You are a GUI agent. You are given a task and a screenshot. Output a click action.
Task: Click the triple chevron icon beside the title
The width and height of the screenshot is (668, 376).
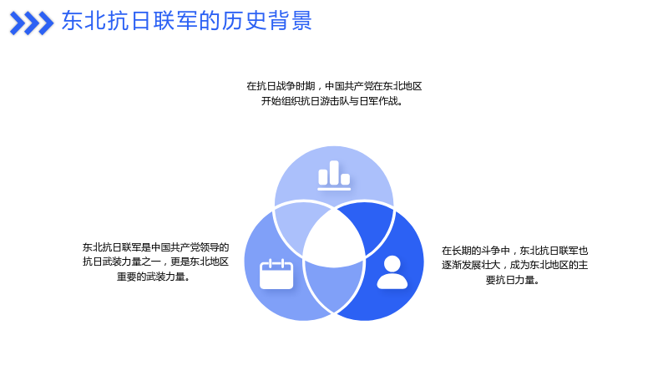(x=32, y=23)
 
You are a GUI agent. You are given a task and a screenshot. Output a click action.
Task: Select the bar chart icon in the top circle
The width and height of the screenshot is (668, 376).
(x=334, y=175)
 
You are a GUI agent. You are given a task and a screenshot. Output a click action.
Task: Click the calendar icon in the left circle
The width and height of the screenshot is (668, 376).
(x=276, y=274)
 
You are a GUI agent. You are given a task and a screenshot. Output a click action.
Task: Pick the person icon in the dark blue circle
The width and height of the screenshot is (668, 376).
(x=392, y=272)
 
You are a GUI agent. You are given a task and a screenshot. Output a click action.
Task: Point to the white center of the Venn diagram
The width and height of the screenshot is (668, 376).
(x=334, y=238)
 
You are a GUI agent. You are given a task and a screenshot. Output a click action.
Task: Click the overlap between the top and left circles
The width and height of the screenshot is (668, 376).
(x=298, y=225)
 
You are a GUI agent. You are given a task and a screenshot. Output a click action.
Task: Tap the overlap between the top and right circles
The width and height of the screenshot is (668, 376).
(x=370, y=225)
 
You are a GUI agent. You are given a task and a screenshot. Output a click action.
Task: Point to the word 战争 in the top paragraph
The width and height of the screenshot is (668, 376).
(x=286, y=86)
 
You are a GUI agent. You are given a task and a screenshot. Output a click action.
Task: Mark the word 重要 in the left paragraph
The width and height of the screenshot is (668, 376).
(x=127, y=277)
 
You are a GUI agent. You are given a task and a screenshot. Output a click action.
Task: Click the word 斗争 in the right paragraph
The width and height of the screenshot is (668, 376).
(x=489, y=250)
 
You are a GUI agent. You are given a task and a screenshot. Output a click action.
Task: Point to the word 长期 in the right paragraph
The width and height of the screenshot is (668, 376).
(x=461, y=250)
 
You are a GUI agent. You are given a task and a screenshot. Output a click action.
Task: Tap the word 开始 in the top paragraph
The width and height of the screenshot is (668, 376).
(x=271, y=101)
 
